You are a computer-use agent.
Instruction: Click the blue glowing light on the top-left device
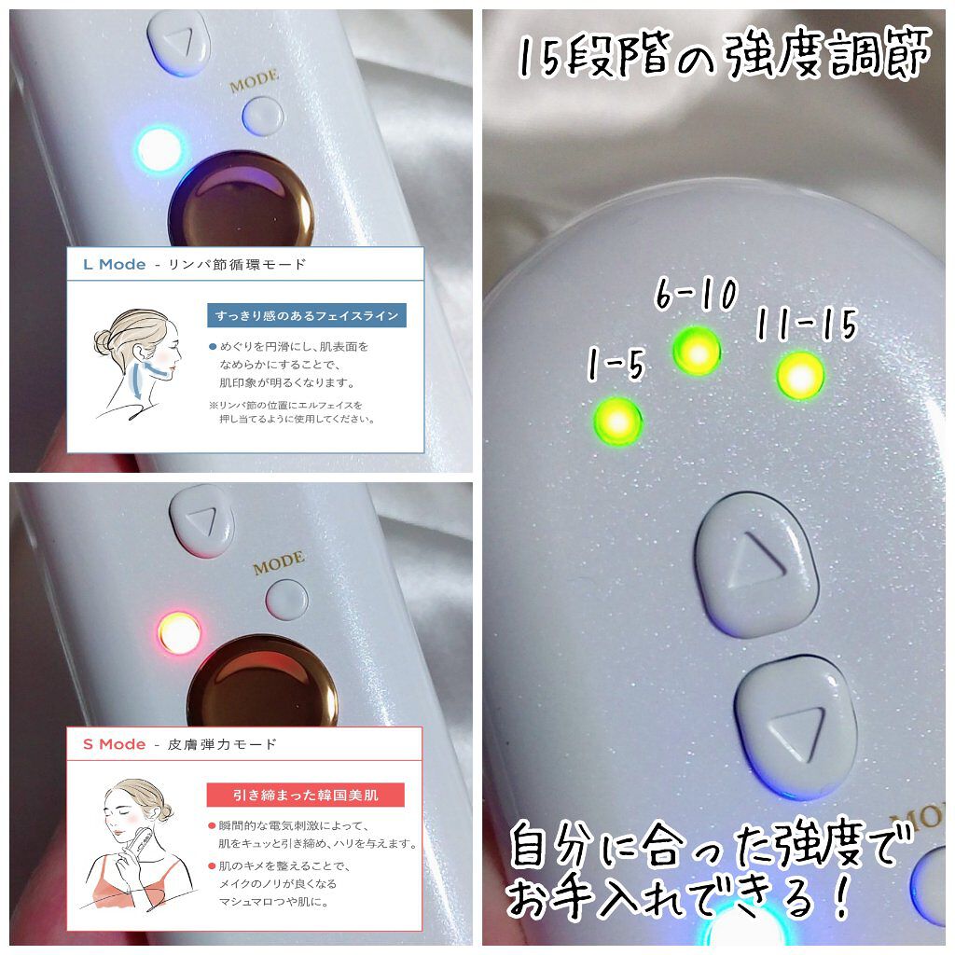pos(159,149)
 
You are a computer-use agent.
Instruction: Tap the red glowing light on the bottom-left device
pos(179,633)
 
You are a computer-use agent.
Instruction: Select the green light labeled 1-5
pos(617,421)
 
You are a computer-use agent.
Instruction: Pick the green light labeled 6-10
pos(698,352)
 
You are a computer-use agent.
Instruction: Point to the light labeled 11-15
pos(800,376)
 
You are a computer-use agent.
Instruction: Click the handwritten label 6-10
pos(696,294)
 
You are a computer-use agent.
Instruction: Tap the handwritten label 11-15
pos(807,324)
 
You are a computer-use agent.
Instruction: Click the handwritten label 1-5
pos(616,365)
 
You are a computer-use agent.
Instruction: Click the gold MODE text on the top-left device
pos(255,82)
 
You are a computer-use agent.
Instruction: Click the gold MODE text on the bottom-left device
pos(279,563)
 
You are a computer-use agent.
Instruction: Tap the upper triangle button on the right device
pos(756,564)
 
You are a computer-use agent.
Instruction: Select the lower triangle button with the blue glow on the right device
pos(796,727)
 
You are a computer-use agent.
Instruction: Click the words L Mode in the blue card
pos(115,264)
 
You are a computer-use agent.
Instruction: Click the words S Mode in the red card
pos(115,744)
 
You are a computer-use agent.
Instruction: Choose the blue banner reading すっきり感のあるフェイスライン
pos(306,315)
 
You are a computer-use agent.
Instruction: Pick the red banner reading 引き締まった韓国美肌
pos(306,795)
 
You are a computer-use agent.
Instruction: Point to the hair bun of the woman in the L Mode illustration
pos(103,342)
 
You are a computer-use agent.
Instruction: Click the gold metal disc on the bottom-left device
pos(262,682)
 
